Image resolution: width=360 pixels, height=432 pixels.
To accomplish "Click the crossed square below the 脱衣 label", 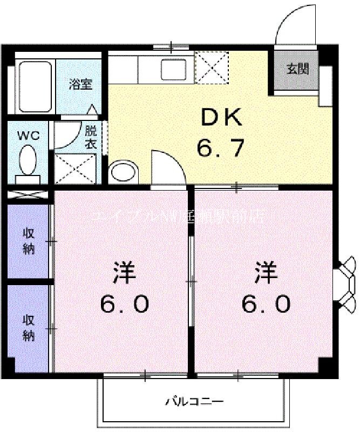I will point(75,169).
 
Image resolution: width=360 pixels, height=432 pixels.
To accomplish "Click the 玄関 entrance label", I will point(297,69).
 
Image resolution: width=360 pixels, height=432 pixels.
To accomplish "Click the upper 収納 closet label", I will point(28,241).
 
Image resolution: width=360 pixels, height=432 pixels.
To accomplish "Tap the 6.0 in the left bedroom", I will point(124,305).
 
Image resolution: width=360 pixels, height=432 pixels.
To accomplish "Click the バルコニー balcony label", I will point(194,401).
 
